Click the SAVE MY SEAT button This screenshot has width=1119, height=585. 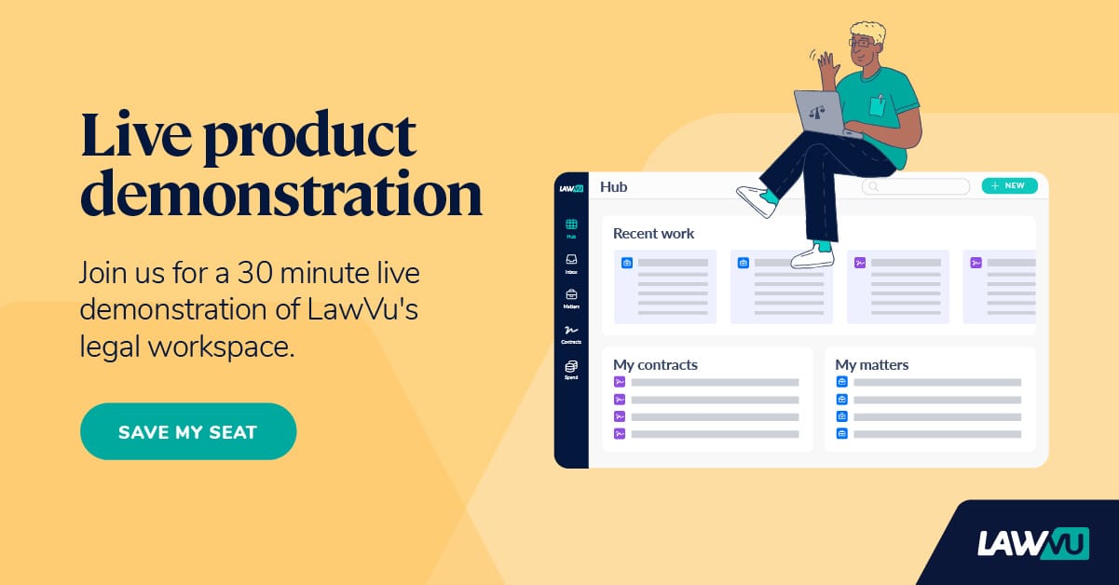click(187, 431)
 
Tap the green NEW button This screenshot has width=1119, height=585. click(1009, 185)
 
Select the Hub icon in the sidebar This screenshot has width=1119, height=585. click(571, 224)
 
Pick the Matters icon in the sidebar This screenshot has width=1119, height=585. click(571, 295)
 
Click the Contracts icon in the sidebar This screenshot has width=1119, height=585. click(571, 331)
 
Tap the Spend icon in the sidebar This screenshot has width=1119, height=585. click(571, 366)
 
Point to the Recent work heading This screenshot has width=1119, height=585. click(653, 234)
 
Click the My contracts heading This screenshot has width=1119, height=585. click(655, 365)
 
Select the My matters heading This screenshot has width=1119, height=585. click(871, 365)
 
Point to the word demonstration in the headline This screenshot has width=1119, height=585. click(280, 194)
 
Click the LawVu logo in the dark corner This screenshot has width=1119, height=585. click(1032, 542)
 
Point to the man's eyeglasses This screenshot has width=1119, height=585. click(861, 42)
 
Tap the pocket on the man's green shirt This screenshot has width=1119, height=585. click(877, 105)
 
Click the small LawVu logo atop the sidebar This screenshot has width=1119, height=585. click(571, 187)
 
